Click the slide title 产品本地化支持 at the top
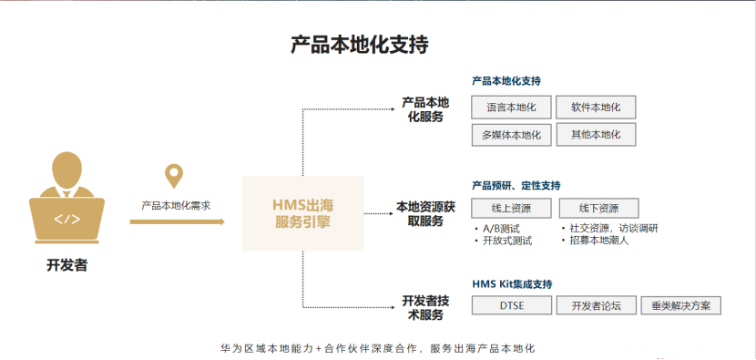point(359,44)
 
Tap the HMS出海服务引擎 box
point(302,213)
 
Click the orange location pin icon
point(173,176)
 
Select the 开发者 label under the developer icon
point(66,266)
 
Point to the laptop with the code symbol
point(66,219)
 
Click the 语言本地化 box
point(511,108)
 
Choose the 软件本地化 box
point(596,108)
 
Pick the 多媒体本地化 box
point(511,135)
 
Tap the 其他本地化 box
point(596,135)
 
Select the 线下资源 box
point(598,208)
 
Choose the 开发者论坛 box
point(589,306)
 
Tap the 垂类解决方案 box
point(681,306)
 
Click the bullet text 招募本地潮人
point(599,241)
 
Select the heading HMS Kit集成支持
point(512,284)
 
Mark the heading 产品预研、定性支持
point(516,186)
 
